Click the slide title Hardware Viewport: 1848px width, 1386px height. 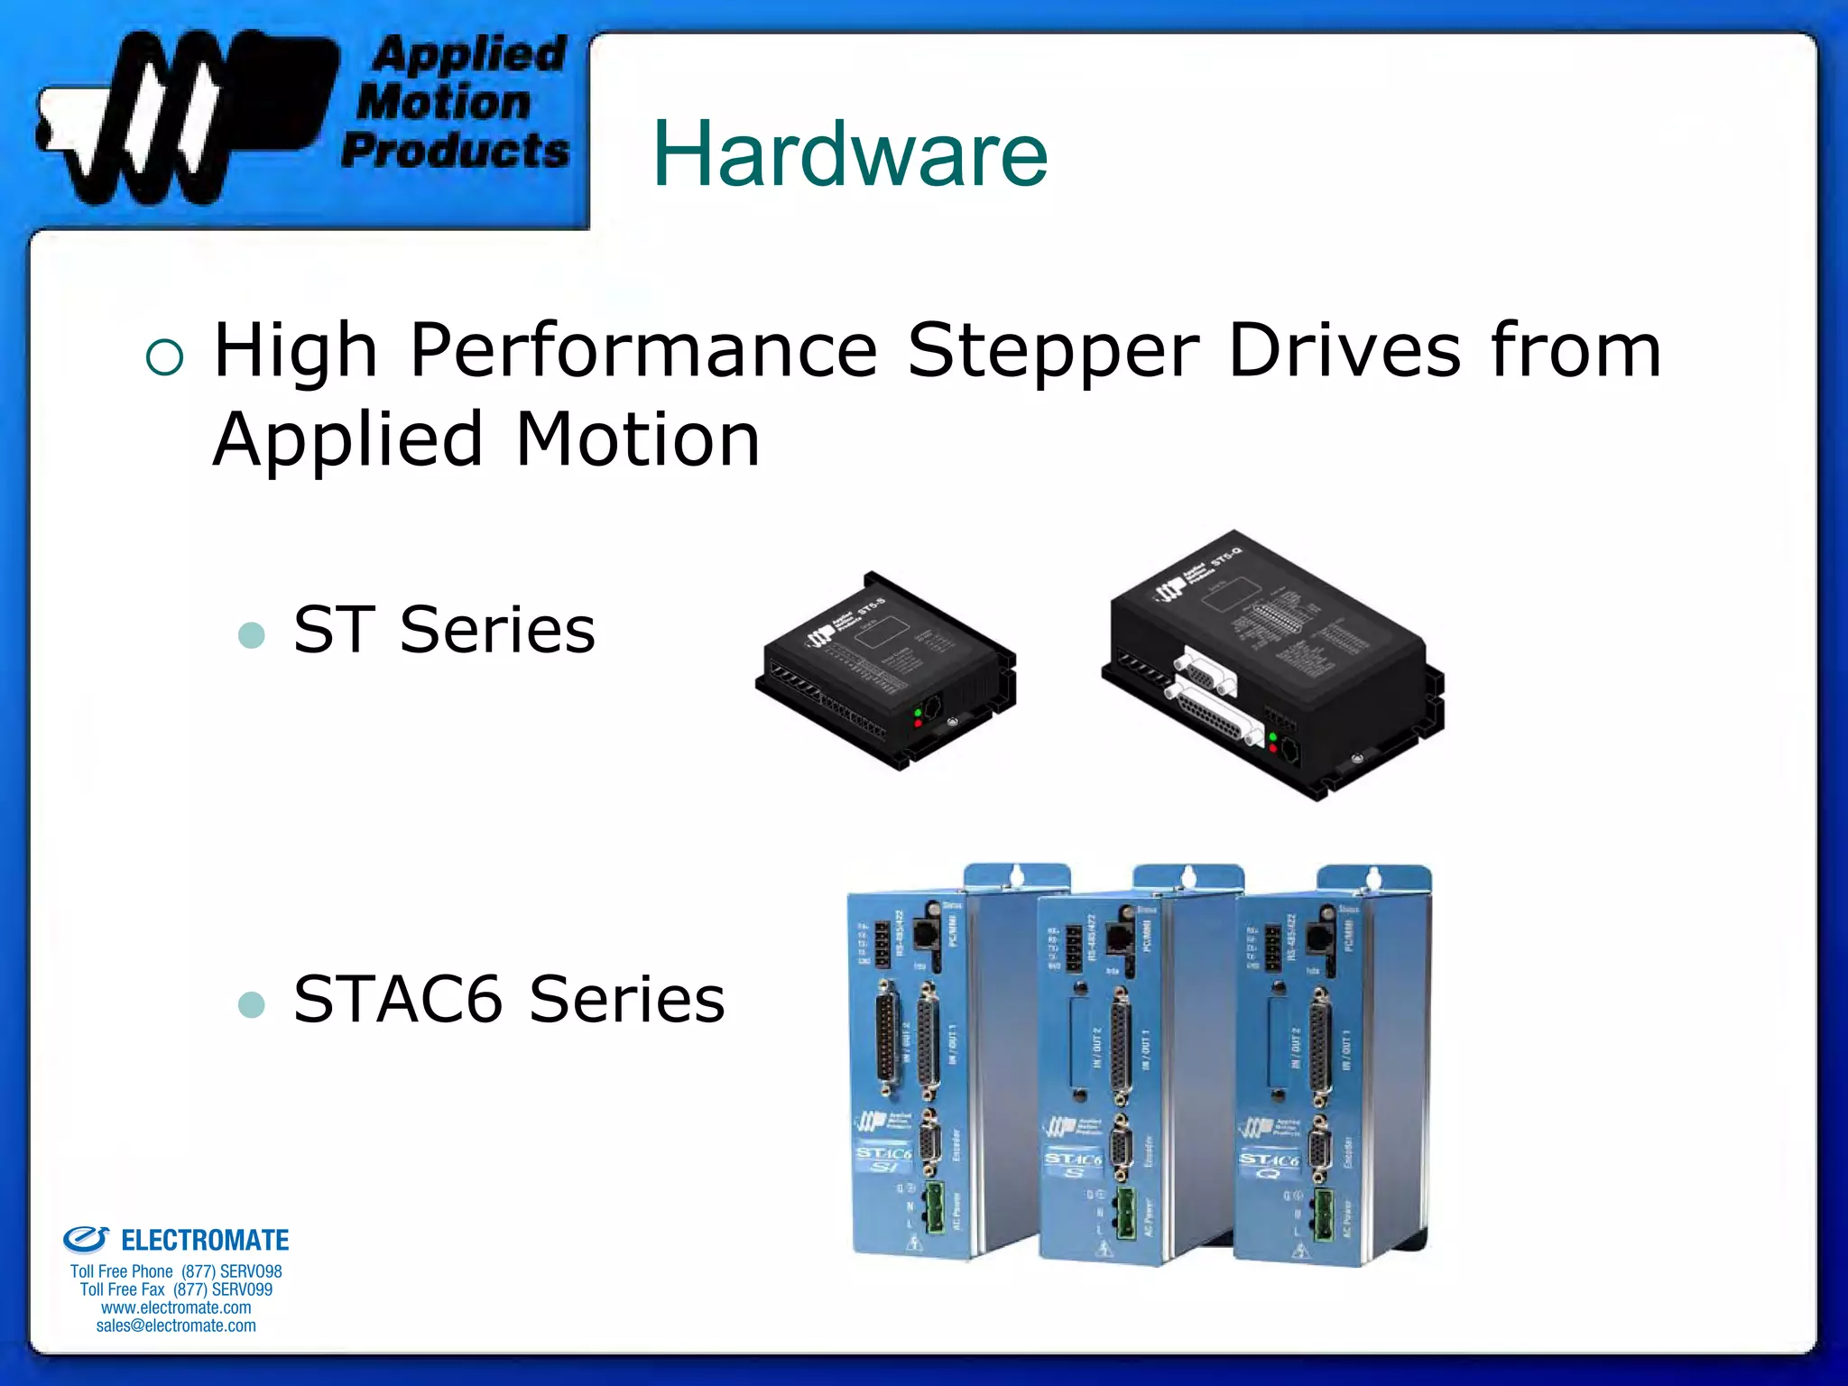click(x=849, y=154)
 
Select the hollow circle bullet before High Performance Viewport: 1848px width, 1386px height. click(x=164, y=357)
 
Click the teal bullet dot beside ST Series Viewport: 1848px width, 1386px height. click(x=252, y=635)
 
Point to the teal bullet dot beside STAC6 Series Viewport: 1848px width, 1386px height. click(x=252, y=1004)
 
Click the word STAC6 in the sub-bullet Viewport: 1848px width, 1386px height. click(x=397, y=1000)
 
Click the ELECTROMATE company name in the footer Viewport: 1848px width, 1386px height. click(x=205, y=1241)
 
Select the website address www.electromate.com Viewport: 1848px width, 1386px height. click(x=176, y=1307)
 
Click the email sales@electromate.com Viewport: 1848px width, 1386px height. click(x=176, y=1326)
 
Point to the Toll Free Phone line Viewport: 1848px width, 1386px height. click(x=176, y=1271)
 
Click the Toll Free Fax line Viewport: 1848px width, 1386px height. click(x=176, y=1289)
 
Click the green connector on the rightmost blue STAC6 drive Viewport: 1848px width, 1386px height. click(x=1324, y=1215)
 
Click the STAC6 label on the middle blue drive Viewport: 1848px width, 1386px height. click(x=1073, y=1159)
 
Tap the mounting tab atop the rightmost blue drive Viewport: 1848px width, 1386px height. click(x=1373, y=877)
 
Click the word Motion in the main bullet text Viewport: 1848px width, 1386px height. click(x=637, y=439)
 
